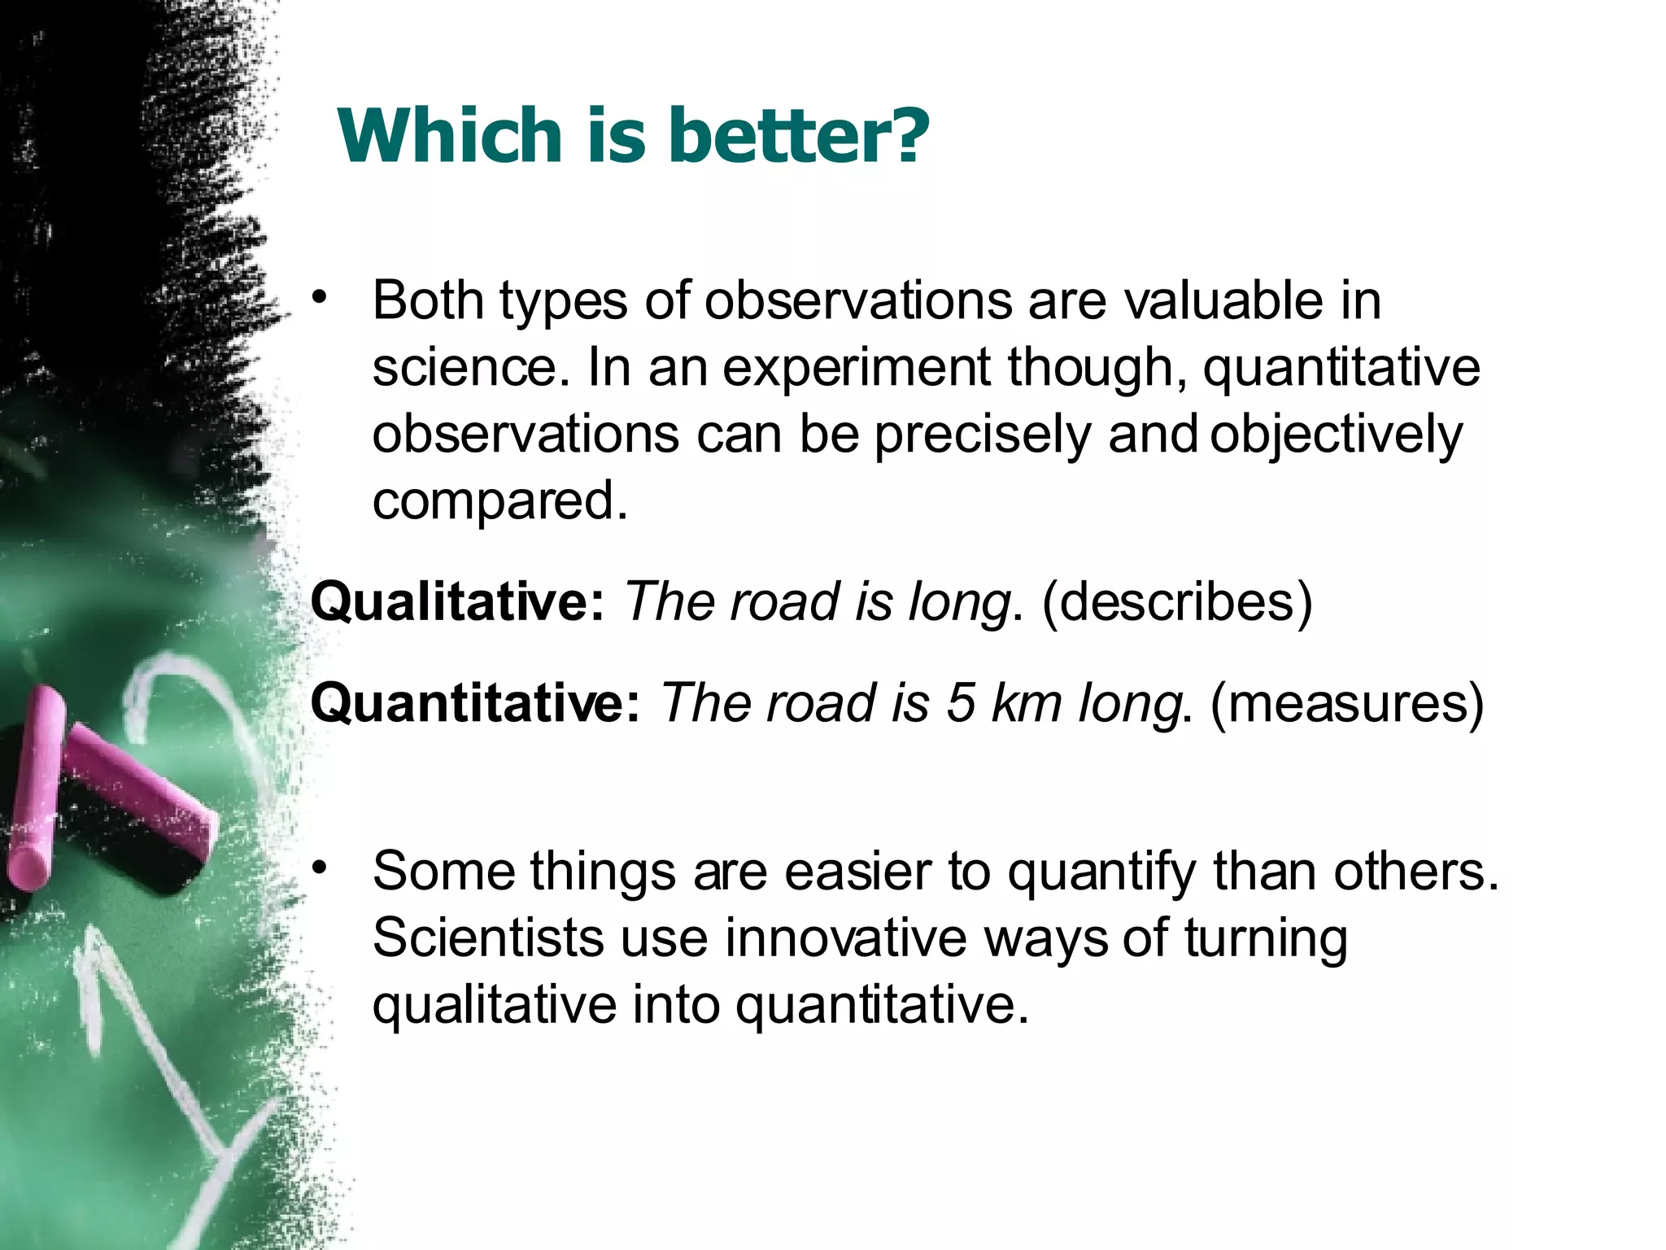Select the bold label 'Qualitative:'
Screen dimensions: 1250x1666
click(457, 602)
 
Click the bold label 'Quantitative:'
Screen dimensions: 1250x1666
click(477, 703)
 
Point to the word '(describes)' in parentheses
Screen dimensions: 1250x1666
click(1177, 602)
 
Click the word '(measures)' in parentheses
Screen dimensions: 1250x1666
click(1347, 703)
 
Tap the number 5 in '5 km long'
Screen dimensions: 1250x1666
click(960, 703)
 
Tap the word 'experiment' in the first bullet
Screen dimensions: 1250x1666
click(857, 368)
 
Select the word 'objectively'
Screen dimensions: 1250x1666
click(1336, 435)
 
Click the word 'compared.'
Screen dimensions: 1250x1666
click(500, 501)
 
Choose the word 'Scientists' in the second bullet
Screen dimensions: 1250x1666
click(488, 938)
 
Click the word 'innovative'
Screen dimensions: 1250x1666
click(846, 938)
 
